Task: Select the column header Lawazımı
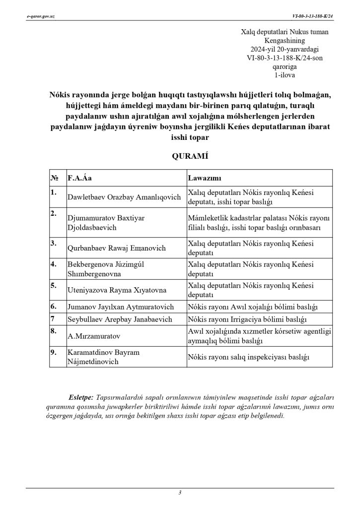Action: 204,178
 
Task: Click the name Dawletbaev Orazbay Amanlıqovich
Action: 124,197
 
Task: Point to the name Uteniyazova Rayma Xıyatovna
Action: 117,290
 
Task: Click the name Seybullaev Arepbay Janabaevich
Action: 120,319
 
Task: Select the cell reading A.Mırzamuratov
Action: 94,336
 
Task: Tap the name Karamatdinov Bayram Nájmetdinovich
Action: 103,357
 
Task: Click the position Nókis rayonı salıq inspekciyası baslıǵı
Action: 248,357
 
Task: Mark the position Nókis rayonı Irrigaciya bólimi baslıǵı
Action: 246,319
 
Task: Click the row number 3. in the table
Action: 54,243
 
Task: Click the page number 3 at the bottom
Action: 180,492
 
